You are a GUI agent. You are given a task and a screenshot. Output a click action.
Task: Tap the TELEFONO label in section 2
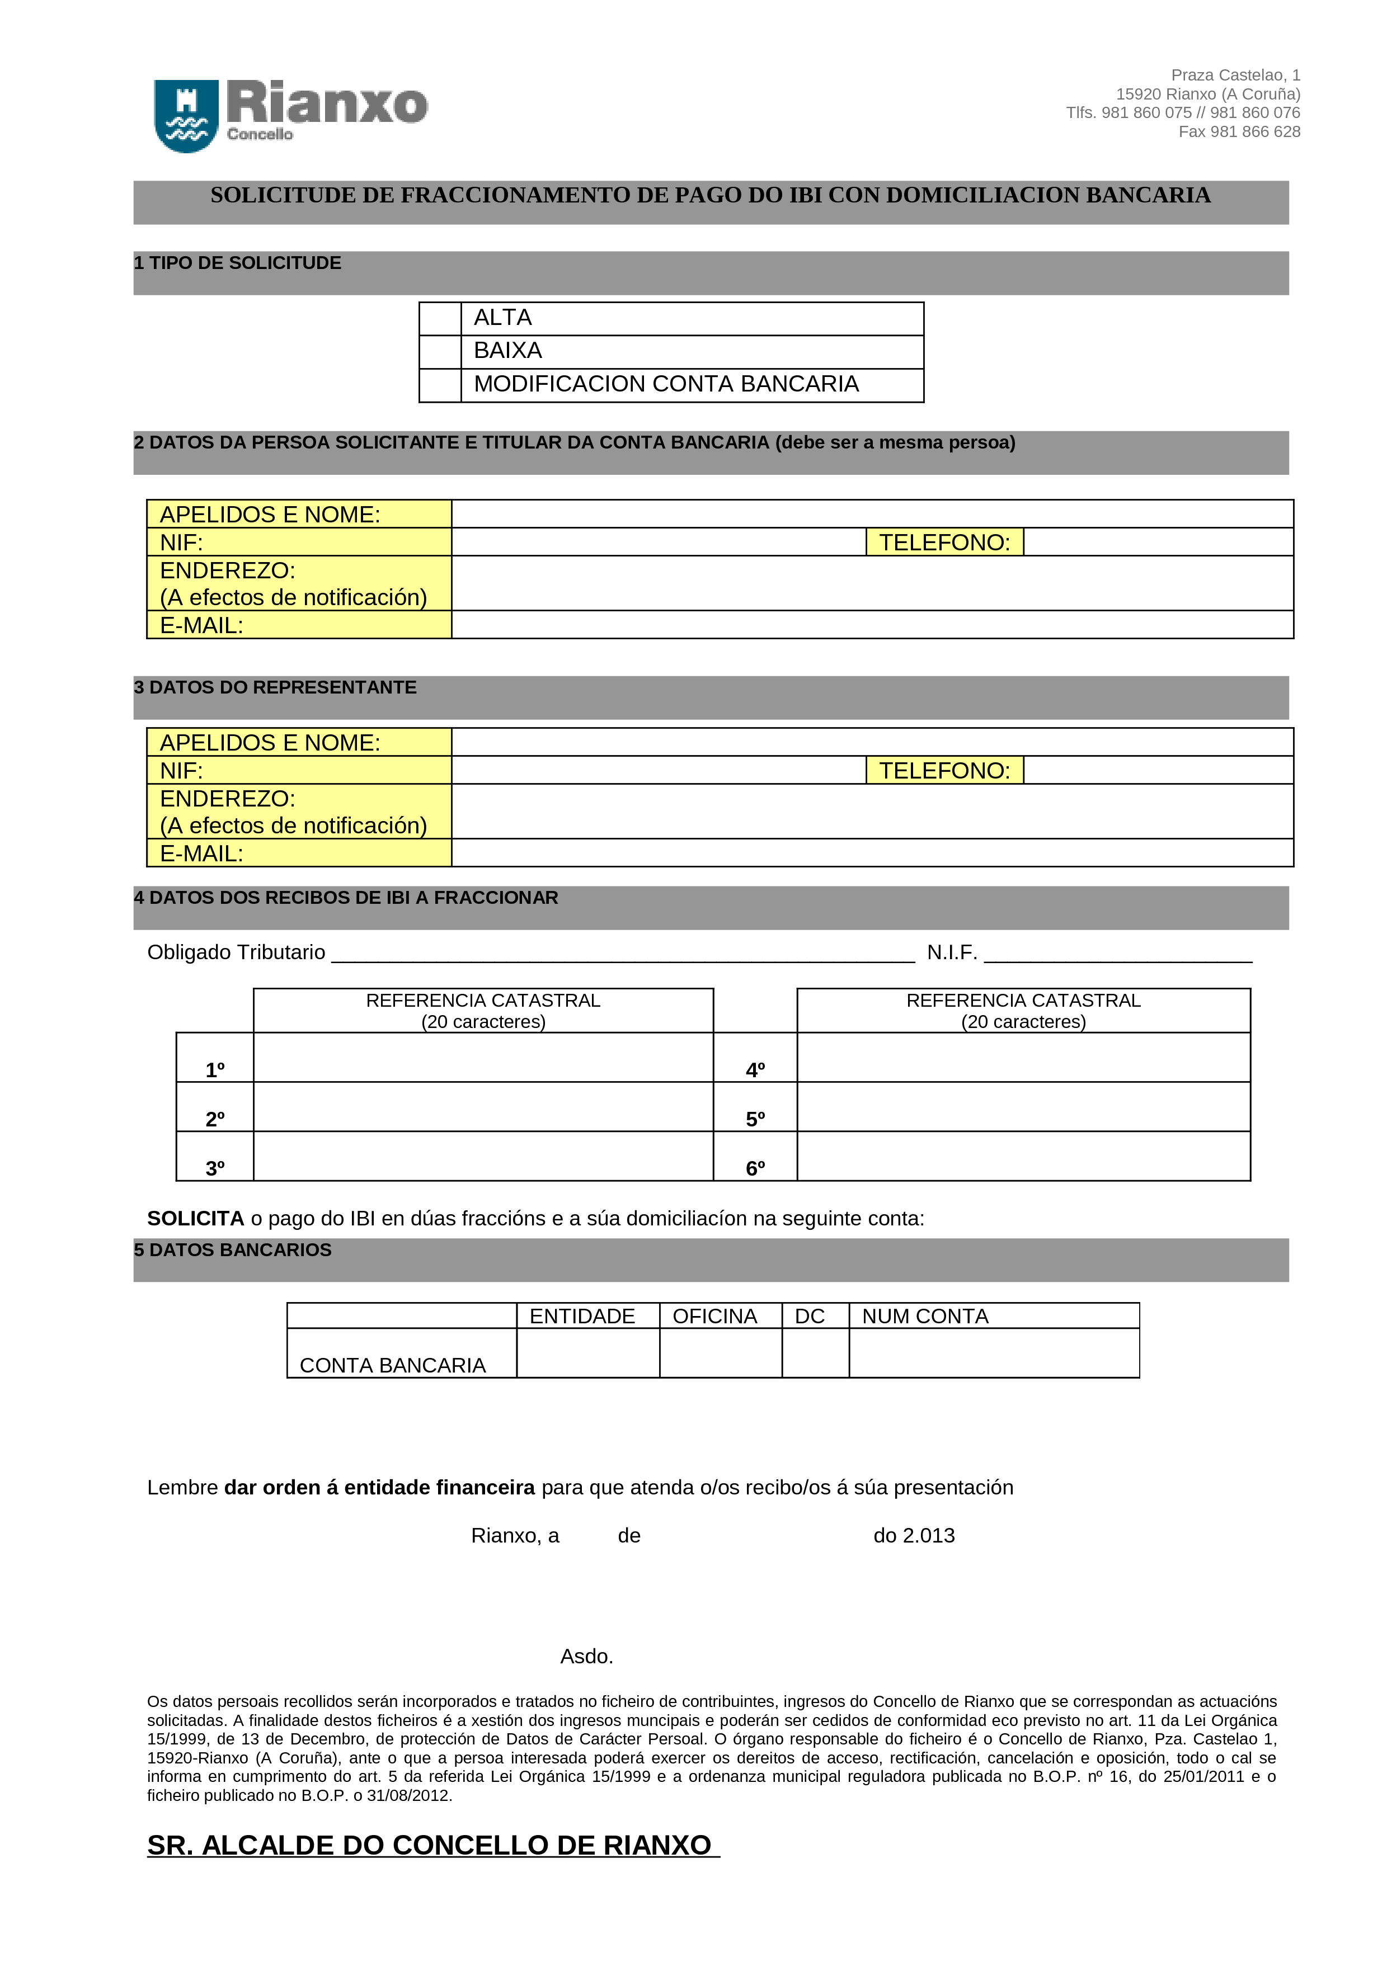pos(944,542)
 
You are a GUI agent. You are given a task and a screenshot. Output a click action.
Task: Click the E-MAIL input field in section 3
pos(872,853)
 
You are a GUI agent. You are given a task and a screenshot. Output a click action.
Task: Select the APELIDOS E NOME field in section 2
pos(872,513)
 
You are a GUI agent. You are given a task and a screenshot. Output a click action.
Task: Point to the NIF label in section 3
pos(182,771)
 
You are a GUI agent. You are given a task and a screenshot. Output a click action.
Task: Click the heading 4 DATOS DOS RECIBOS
pos(346,897)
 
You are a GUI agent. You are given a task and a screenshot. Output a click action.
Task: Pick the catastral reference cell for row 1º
pos(483,1057)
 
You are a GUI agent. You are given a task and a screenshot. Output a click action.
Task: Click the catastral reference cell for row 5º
pos(1023,1107)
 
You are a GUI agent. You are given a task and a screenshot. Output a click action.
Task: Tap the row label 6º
pos(755,1167)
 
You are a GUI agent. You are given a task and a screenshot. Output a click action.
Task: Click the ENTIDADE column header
pos(582,1316)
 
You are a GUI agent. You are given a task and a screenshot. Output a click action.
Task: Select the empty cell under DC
pos(815,1353)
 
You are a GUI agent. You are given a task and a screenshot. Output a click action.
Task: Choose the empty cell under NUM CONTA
pos(994,1353)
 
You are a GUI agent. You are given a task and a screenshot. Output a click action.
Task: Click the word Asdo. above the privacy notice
pos(586,1656)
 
